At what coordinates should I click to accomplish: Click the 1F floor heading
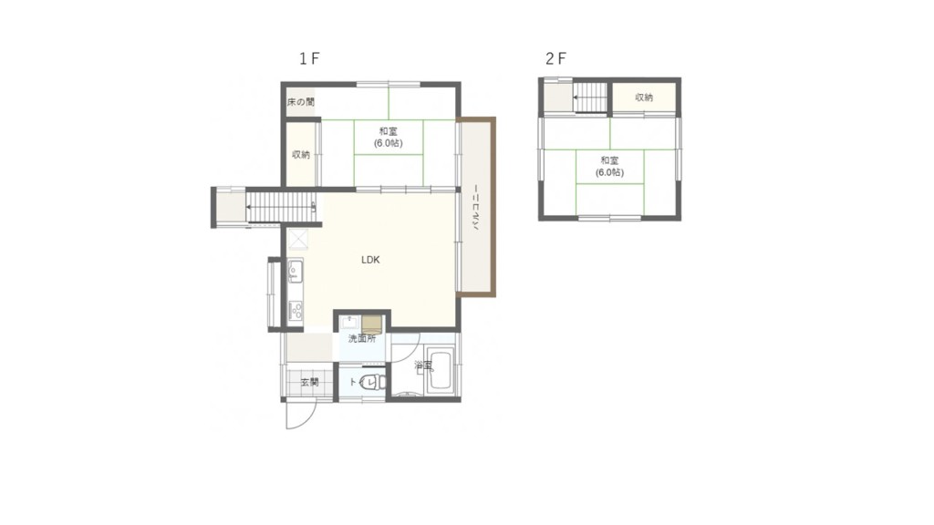(309, 58)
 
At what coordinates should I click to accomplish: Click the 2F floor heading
(555, 58)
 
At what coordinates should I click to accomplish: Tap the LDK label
(370, 260)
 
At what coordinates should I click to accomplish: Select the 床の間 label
(301, 102)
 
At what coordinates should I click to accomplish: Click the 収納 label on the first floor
(301, 155)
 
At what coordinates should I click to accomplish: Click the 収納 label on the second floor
(644, 97)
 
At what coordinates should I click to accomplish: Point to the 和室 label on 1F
(389, 131)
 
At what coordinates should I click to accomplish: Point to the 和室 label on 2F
(609, 160)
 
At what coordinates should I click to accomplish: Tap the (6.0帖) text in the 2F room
(609, 172)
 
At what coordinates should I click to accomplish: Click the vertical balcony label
(476, 209)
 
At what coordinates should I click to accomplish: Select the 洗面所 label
(362, 339)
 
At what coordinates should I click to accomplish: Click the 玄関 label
(310, 382)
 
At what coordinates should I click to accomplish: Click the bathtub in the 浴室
(441, 371)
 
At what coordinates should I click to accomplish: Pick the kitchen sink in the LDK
(295, 272)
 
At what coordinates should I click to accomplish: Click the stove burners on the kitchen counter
(296, 311)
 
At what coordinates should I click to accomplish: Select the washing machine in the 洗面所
(371, 325)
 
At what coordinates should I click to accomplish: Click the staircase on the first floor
(280, 207)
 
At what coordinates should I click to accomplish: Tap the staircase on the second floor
(590, 97)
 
